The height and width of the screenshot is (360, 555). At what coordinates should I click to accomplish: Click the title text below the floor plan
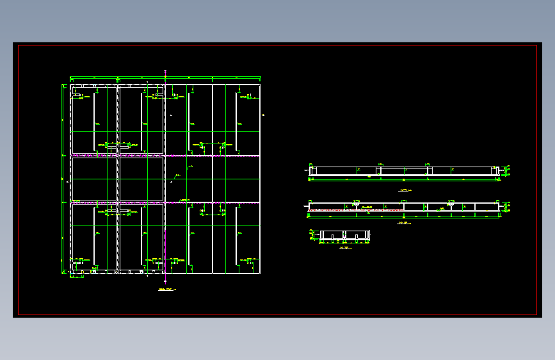coord(165,290)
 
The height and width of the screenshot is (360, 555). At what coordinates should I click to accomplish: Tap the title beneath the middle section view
coord(403,223)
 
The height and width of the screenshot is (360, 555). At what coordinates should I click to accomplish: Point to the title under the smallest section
coord(345,247)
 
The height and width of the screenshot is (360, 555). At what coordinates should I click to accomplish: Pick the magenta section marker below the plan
coord(165,281)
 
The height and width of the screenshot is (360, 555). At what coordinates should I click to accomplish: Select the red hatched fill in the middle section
coord(333,209)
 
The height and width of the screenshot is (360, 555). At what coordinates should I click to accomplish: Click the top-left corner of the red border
coord(19,45)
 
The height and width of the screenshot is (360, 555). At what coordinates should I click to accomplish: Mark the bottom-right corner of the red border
coord(536,315)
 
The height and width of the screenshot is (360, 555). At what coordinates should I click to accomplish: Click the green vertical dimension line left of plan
coord(62,179)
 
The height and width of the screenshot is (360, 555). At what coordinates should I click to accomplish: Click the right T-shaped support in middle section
coord(451,206)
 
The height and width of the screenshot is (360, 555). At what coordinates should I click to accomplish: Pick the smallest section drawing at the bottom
coord(345,236)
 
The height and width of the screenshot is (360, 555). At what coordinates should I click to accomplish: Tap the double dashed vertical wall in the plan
coord(118,179)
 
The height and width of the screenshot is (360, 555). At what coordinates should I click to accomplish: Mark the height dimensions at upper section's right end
coord(506,170)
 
